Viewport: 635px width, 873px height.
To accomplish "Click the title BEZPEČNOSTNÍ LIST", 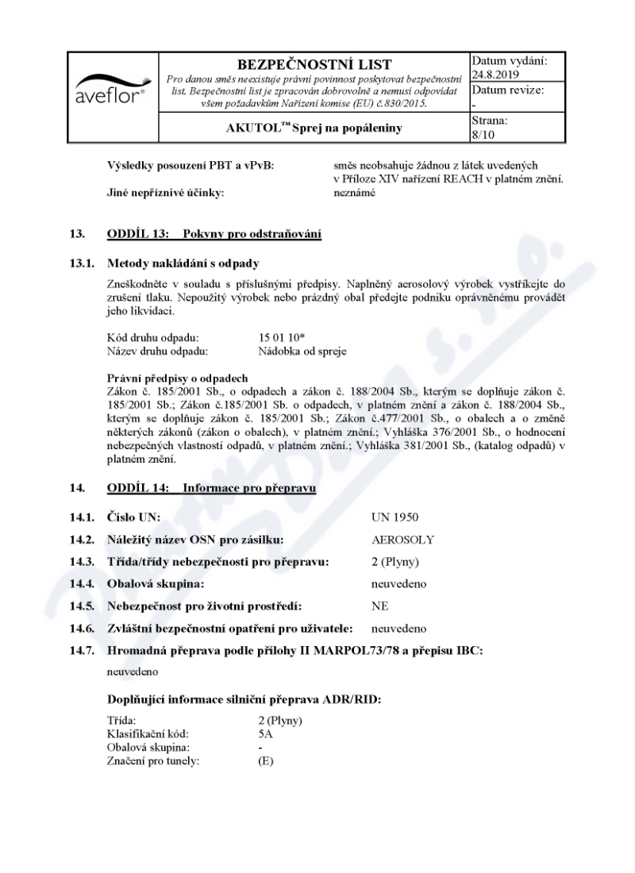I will [314, 64].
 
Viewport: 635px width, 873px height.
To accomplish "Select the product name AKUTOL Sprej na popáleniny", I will [314, 127].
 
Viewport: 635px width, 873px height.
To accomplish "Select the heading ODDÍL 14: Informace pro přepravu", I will [211, 488].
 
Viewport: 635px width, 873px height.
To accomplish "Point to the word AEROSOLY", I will [402, 540].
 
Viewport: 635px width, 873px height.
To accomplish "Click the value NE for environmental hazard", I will [379, 606].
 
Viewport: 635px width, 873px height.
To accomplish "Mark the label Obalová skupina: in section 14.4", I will [156, 584].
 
